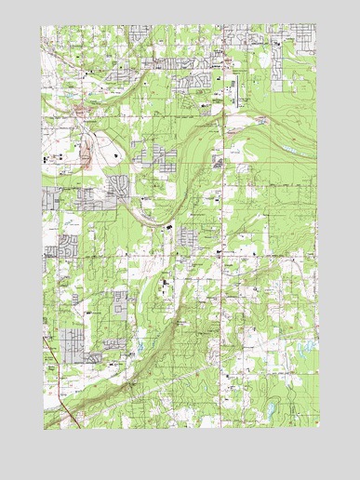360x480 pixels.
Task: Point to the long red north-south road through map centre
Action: pos(224,233)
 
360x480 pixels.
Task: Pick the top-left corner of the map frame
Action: pos(42,25)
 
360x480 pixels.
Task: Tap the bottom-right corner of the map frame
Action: pos(318,429)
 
